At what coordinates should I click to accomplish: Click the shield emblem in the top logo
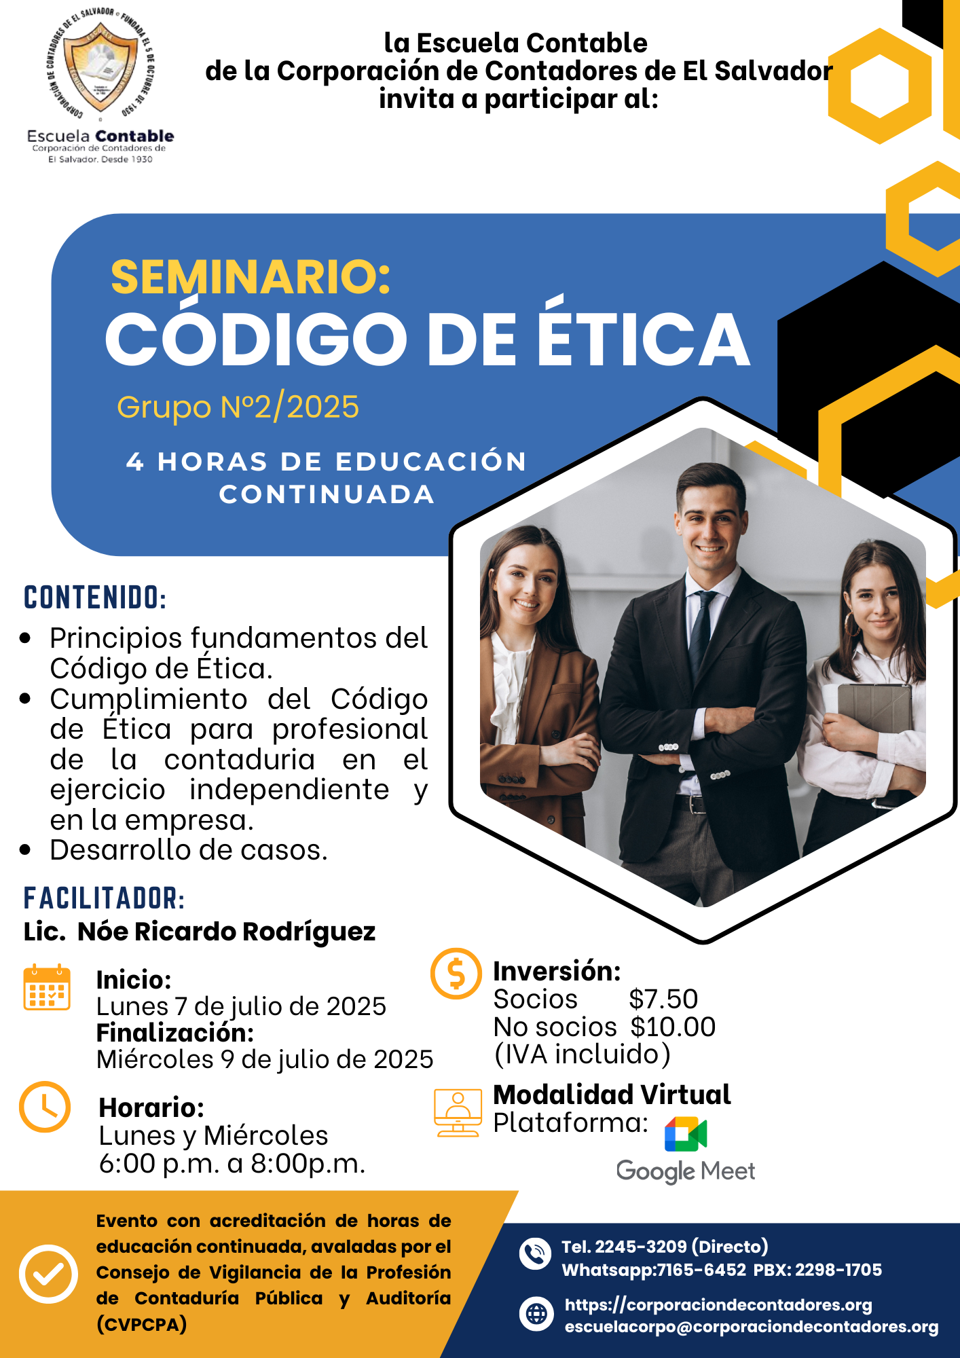pyautogui.click(x=101, y=67)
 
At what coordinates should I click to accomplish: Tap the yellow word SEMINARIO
pyautogui.click(x=251, y=277)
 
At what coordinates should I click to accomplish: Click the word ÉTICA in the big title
pyautogui.click(x=644, y=339)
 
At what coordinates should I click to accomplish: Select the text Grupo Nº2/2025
pyautogui.click(x=238, y=407)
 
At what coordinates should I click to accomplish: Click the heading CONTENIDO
pyautogui.click(x=95, y=598)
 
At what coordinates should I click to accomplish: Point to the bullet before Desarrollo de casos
pyautogui.click(x=26, y=850)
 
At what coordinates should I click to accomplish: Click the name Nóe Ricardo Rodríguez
pyautogui.click(x=226, y=932)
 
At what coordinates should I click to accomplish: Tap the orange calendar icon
pyautogui.click(x=47, y=988)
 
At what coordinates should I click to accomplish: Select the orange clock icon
pyautogui.click(x=45, y=1107)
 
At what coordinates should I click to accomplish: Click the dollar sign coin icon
pyautogui.click(x=456, y=973)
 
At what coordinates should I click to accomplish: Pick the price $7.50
pyautogui.click(x=663, y=999)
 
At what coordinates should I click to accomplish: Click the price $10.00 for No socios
pyautogui.click(x=672, y=1027)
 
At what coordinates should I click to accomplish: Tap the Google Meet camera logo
pyautogui.click(x=686, y=1134)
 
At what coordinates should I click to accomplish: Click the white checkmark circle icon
pyautogui.click(x=48, y=1274)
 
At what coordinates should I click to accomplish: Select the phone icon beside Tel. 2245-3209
pyautogui.click(x=535, y=1253)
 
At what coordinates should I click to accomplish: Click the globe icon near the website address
pyautogui.click(x=536, y=1314)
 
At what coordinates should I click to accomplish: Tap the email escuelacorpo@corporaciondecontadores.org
pyautogui.click(x=751, y=1327)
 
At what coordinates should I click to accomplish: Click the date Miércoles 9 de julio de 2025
pyautogui.click(x=265, y=1059)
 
